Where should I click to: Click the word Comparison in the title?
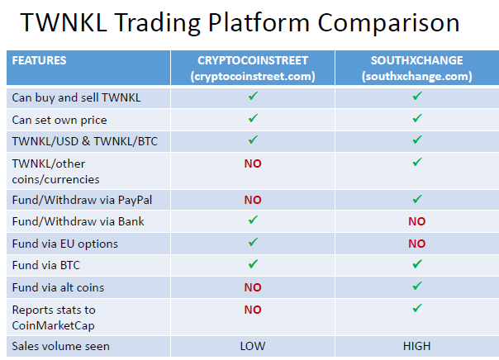388,23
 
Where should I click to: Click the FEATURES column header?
39,60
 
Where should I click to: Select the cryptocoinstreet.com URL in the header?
253,76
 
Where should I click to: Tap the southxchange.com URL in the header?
417,76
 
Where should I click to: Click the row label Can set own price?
59,121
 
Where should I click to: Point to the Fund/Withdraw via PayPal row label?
82,200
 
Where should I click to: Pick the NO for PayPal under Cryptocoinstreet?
253,200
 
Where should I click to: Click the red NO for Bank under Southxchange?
417,221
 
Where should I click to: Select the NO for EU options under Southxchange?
417,244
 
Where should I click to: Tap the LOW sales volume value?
253,346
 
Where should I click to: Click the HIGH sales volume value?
417,346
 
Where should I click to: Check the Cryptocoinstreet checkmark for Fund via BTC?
253,264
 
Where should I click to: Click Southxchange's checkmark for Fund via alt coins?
417,286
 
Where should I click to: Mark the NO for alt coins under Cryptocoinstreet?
253,287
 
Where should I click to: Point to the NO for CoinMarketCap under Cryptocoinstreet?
253,310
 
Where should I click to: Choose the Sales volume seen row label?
61,346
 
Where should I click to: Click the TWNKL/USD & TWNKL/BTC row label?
85,141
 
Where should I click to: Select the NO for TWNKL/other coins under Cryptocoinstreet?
253,163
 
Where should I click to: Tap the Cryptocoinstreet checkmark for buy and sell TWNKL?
253,96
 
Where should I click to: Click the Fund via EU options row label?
65,244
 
